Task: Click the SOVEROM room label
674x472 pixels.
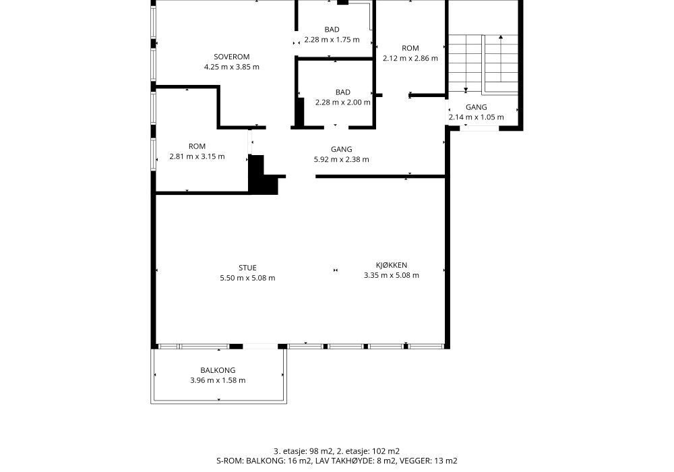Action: [x=232, y=57]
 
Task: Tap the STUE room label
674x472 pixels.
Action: [x=247, y=268]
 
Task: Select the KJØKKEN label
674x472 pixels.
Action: [x=391, y=265]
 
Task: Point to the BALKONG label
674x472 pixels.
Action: [x=218, y=370]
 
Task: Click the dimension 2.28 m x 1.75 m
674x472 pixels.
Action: [x=332, y=40]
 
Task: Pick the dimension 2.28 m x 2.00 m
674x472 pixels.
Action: [x=342, y=102]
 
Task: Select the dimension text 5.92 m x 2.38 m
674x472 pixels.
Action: [x=341, y=160]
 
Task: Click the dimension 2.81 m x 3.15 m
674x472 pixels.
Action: [x=197, y=156]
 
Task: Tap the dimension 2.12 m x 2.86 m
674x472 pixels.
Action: [x=410, y=58]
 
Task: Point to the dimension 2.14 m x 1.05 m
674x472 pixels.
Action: [x=477, y=117]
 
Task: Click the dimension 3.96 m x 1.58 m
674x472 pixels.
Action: [x=218, y=380]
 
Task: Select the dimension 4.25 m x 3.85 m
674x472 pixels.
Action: [x=232, y=67]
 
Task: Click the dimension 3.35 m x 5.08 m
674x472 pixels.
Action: [x=391, y=276]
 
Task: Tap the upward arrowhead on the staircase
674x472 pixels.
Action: [x=501, y=37]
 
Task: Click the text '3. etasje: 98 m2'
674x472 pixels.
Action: [x=303, y=451]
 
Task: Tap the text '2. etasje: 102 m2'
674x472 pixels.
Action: [x=368, y=451]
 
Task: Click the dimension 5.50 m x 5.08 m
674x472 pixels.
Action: [x=247, y=278]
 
